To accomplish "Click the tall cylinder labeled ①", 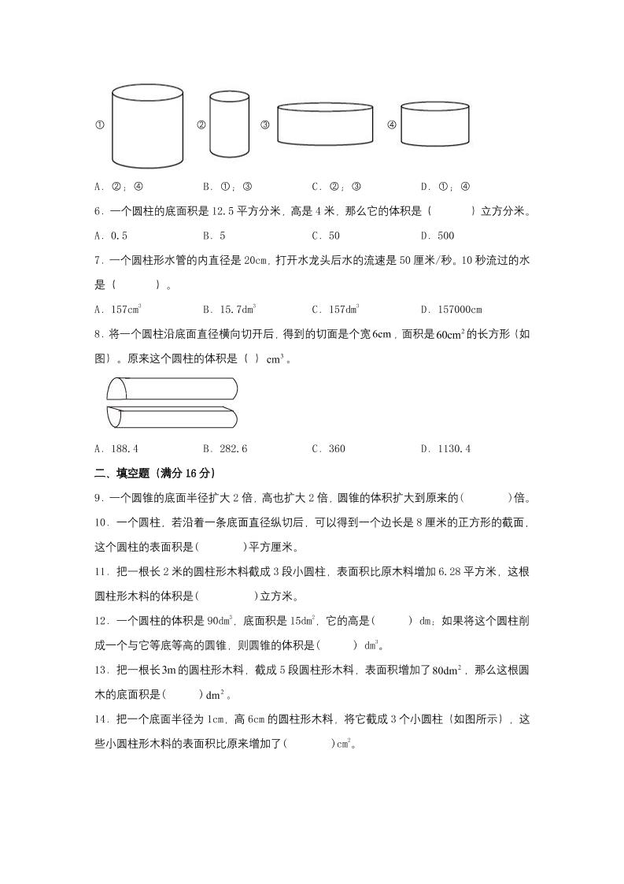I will [147, 126].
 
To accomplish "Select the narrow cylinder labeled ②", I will [229, 124].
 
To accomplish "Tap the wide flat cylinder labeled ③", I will [324, 124].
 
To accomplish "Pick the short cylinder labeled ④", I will [435, 124].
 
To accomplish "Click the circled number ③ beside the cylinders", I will [265, 124].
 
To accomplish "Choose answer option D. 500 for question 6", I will [438, 236].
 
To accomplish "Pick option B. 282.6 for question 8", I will [225, 449].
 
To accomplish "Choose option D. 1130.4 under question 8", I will [445, 449].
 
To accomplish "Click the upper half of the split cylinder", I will [171, 389].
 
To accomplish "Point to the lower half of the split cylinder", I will [171, 415].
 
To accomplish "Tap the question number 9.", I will [98, 498].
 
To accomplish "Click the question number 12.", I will [101, 621].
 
